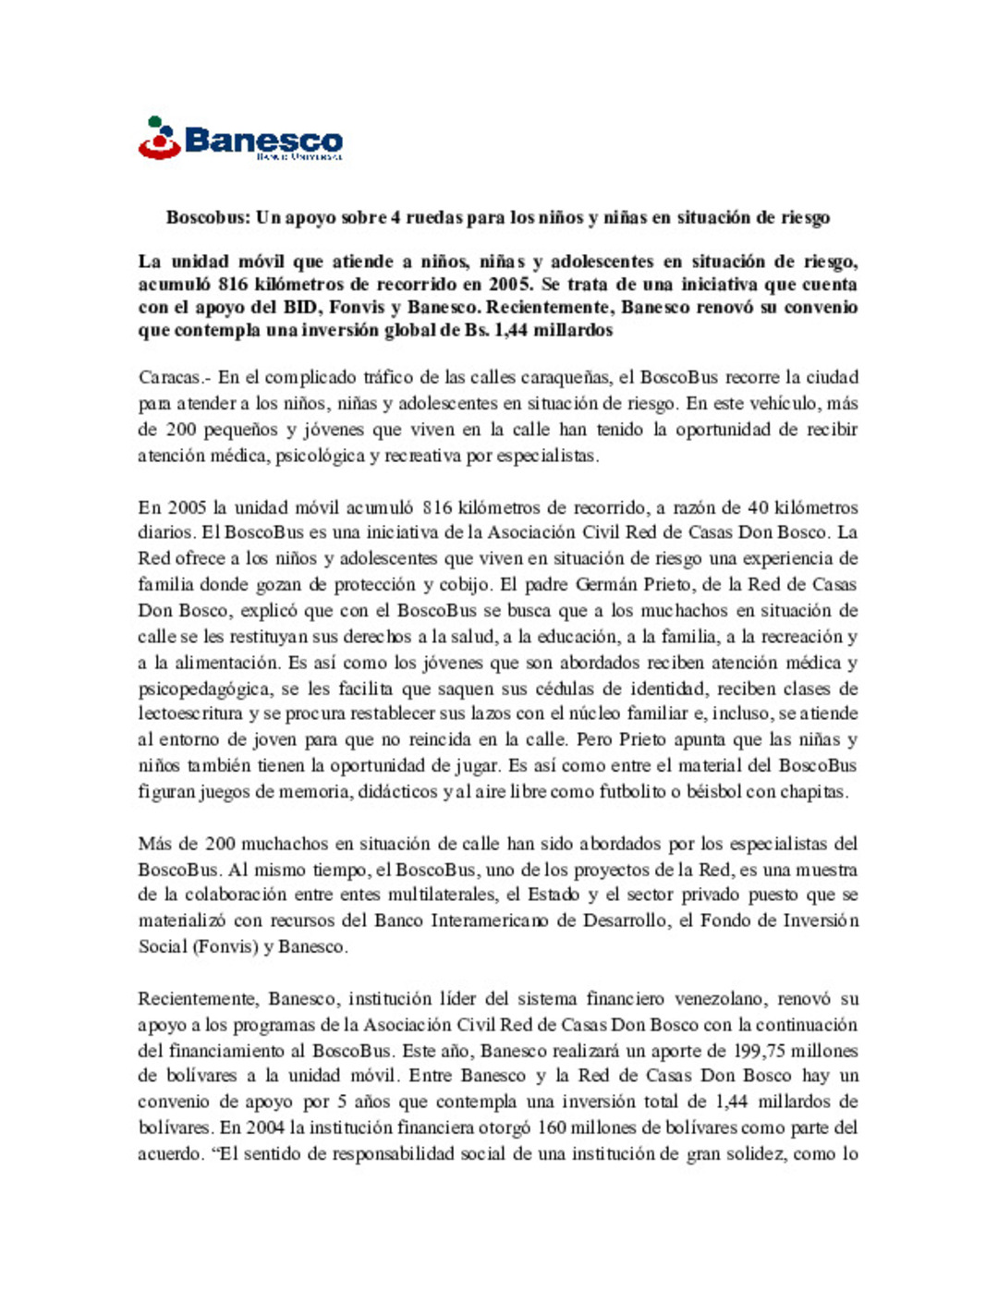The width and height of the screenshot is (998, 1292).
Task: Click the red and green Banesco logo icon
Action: click(x=159, y=139)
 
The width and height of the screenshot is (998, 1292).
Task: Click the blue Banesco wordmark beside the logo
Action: click(x=263, y=141)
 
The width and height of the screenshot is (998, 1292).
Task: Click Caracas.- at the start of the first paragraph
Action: click(x=174, y=377)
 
